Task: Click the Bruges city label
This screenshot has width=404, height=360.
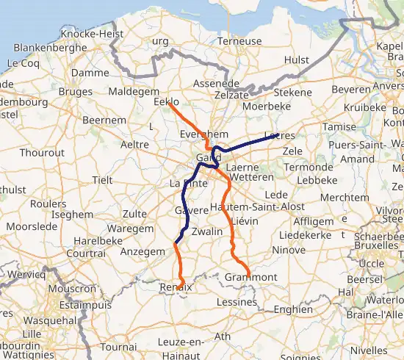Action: (x=76, y=93)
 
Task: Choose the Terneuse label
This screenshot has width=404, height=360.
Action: (x=239, y=41)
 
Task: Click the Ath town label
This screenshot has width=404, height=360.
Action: (x=222, y=336)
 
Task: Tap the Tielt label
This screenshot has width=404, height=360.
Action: (x=102, y=180)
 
